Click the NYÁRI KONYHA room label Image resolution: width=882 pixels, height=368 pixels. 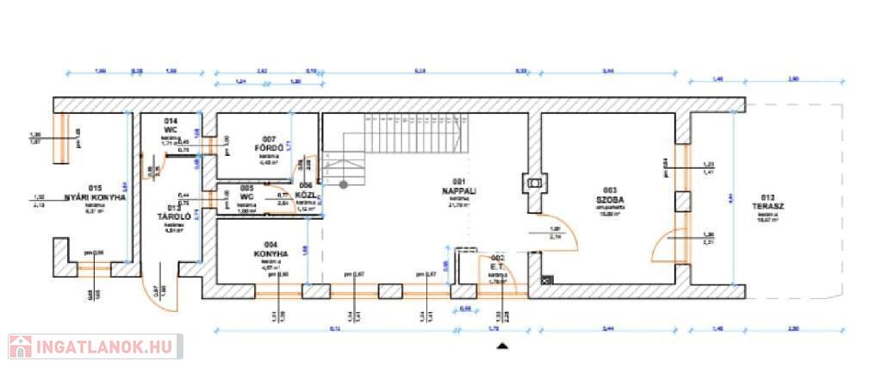point(96,197)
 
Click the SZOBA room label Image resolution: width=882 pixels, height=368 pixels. point(609,197)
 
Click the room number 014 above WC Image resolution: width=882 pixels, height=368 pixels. point(171,122)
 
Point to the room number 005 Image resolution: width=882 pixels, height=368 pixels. point(246,188)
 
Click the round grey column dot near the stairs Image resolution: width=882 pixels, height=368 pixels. point(343,184)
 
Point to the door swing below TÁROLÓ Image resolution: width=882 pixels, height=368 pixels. point(166,289)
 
